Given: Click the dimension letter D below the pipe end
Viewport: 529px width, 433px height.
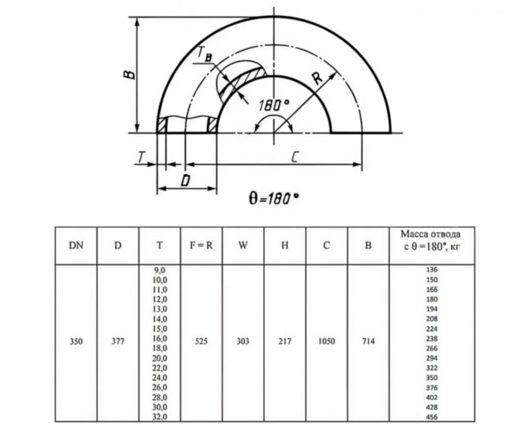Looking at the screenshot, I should (184, 181).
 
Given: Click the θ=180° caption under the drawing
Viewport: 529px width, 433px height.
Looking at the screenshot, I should (273, 199).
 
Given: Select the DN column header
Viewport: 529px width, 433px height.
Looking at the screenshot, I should (76, 245).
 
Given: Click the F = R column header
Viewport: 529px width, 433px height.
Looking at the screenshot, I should (200, 245).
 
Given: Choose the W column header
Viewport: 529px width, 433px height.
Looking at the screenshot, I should (243, 245).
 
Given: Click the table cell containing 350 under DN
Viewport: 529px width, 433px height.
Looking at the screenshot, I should (76, 342).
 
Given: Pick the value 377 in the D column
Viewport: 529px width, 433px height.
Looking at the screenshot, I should (117, 342).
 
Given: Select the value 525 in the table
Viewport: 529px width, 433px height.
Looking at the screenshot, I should (200, 342).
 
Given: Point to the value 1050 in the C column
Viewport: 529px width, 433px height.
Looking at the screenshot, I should (326, 342).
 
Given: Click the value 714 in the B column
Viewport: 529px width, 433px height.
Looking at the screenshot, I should (367, 342).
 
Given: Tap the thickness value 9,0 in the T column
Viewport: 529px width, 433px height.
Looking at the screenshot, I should (159, 270).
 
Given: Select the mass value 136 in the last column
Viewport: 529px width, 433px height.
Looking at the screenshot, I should (432, 270).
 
